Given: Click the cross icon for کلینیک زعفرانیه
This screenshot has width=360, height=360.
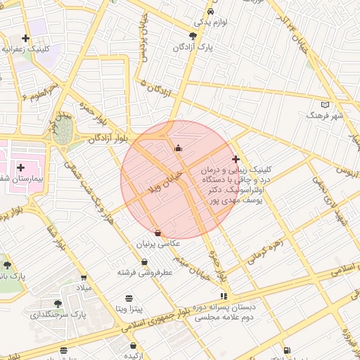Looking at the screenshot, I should coord(26,38).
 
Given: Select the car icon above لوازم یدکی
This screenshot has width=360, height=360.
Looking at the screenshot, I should coord(211,11).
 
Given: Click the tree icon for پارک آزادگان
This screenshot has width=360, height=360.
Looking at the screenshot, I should coord(193,36).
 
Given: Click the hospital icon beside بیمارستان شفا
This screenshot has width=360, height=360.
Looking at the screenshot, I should coord(21,167).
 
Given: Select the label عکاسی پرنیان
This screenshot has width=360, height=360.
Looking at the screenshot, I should coord(158,243).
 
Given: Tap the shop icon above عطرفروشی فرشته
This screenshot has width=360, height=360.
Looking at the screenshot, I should coord(145,262).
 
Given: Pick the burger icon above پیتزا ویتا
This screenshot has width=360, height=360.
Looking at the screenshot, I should coord(129,298).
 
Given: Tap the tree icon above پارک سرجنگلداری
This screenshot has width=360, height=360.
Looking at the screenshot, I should coord(58,304).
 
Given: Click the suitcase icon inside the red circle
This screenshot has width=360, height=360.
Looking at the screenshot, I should coord(177,148).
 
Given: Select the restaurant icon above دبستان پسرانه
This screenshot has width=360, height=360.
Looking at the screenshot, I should coord(224,296).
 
